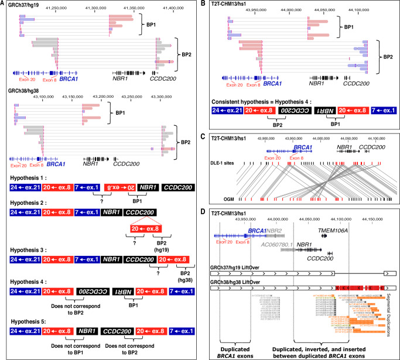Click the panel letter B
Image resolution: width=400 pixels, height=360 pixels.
click(x=203, y=5)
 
